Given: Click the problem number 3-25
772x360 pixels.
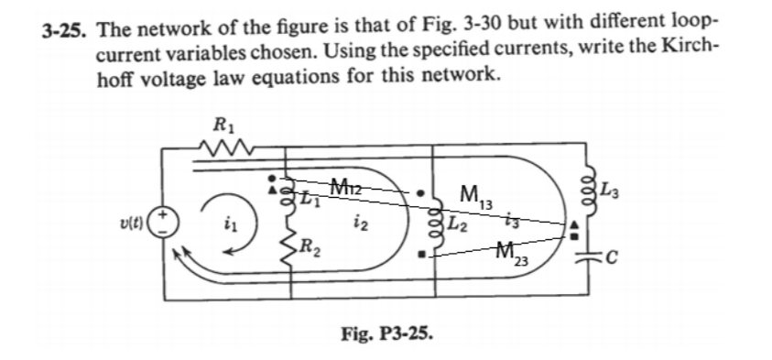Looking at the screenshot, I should [67, 28].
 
